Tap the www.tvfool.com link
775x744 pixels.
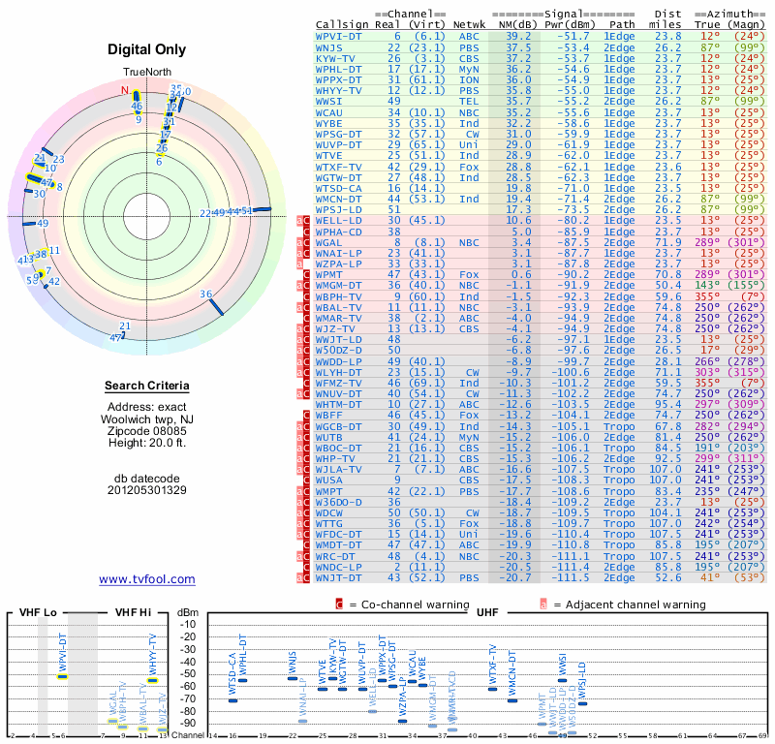point(146,579)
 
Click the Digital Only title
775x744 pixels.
point(147,49)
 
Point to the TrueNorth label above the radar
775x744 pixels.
point(147,74)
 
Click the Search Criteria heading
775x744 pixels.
point(147,387)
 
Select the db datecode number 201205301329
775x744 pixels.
point(147,490)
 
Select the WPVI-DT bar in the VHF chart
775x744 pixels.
point(62,676)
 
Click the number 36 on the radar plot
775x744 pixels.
point(205,294)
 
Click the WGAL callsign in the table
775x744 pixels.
point(330,242)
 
